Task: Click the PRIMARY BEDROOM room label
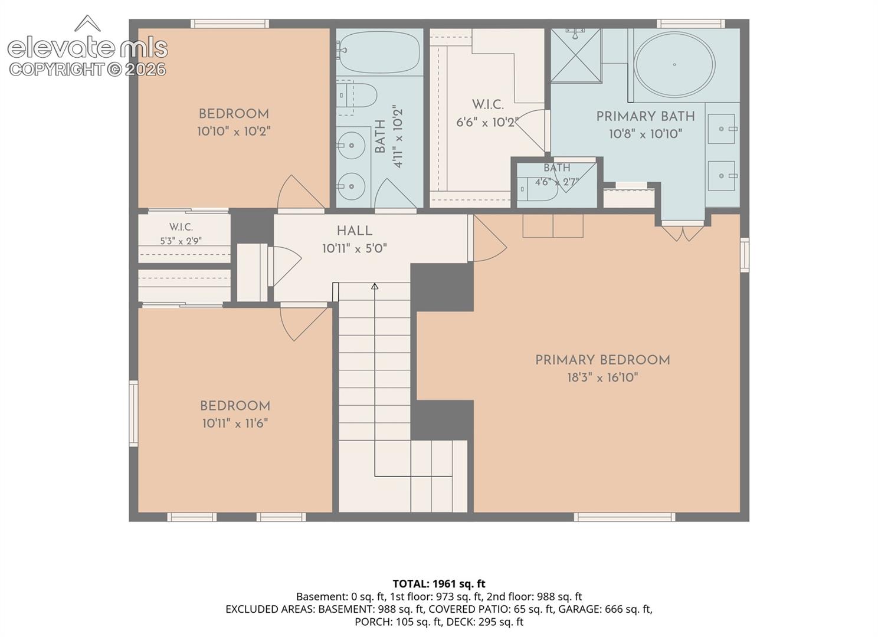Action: tap(602, 360)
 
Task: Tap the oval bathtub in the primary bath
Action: tap(674, 65)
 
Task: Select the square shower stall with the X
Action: tap(576, 55)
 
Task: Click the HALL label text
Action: tap(355, 231)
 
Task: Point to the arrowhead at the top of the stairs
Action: tap(375, 287)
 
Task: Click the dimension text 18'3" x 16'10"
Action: tap(603, 377)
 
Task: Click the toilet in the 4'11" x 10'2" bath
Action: tap(356, 95)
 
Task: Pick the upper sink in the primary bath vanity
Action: tap(722, 129)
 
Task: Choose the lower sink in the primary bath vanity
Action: tap(722, 176)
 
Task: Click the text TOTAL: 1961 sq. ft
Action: tap(439, 584)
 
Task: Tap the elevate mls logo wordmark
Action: tap(88, 48)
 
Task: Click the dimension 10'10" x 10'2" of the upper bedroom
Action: tap(234, 132)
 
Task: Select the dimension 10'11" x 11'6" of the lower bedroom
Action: tap(235, 423)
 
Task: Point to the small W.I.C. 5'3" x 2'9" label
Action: tap(181, 234)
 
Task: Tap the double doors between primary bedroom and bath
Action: tap(683, 233)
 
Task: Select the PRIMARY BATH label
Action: tap(646, 116)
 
